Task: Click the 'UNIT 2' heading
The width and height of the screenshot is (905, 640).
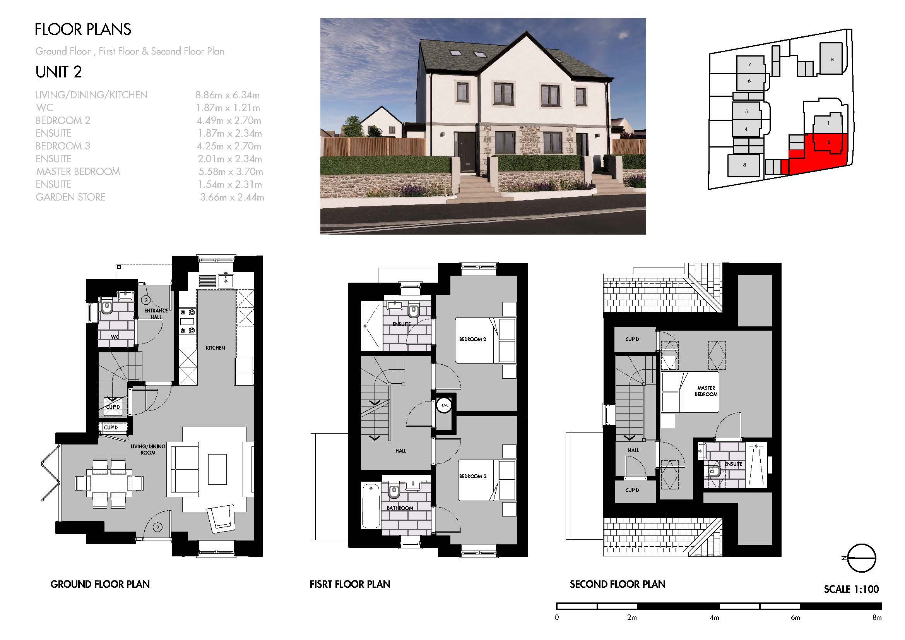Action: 58,72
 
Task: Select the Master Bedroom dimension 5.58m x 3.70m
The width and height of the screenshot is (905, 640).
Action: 231,172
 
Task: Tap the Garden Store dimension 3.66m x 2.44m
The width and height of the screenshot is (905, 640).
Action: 232,197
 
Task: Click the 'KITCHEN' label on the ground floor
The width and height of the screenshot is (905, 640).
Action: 215,348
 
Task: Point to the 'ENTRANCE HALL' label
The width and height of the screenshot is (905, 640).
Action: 156,314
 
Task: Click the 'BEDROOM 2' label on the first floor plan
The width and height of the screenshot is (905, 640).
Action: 472,339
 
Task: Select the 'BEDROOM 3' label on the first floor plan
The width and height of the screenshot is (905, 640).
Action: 472,476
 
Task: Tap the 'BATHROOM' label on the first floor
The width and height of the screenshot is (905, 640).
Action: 400,508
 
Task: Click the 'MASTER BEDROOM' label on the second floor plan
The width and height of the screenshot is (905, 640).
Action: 706,391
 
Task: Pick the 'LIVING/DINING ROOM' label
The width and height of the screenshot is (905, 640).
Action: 148,450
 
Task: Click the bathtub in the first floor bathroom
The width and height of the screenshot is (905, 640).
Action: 371,506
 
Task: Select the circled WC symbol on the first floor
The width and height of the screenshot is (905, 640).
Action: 444,405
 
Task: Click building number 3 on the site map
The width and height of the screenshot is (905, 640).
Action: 744,165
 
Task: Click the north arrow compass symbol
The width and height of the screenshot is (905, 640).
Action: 861,558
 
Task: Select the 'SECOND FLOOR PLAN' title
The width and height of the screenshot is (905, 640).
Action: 618,584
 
